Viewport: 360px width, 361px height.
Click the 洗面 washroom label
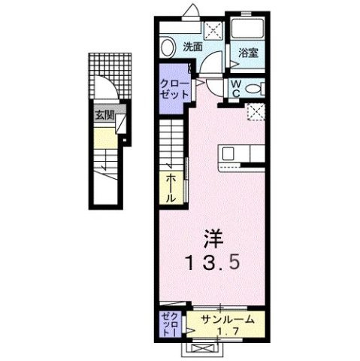coord(192,47)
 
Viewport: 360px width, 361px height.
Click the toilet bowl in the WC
coord(253,89)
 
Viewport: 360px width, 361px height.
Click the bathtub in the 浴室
coord(249,28)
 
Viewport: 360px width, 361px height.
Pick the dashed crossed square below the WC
coord(256,111)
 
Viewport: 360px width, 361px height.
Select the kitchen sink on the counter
coord(228,153)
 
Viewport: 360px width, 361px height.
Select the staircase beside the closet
coord(171,144)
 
